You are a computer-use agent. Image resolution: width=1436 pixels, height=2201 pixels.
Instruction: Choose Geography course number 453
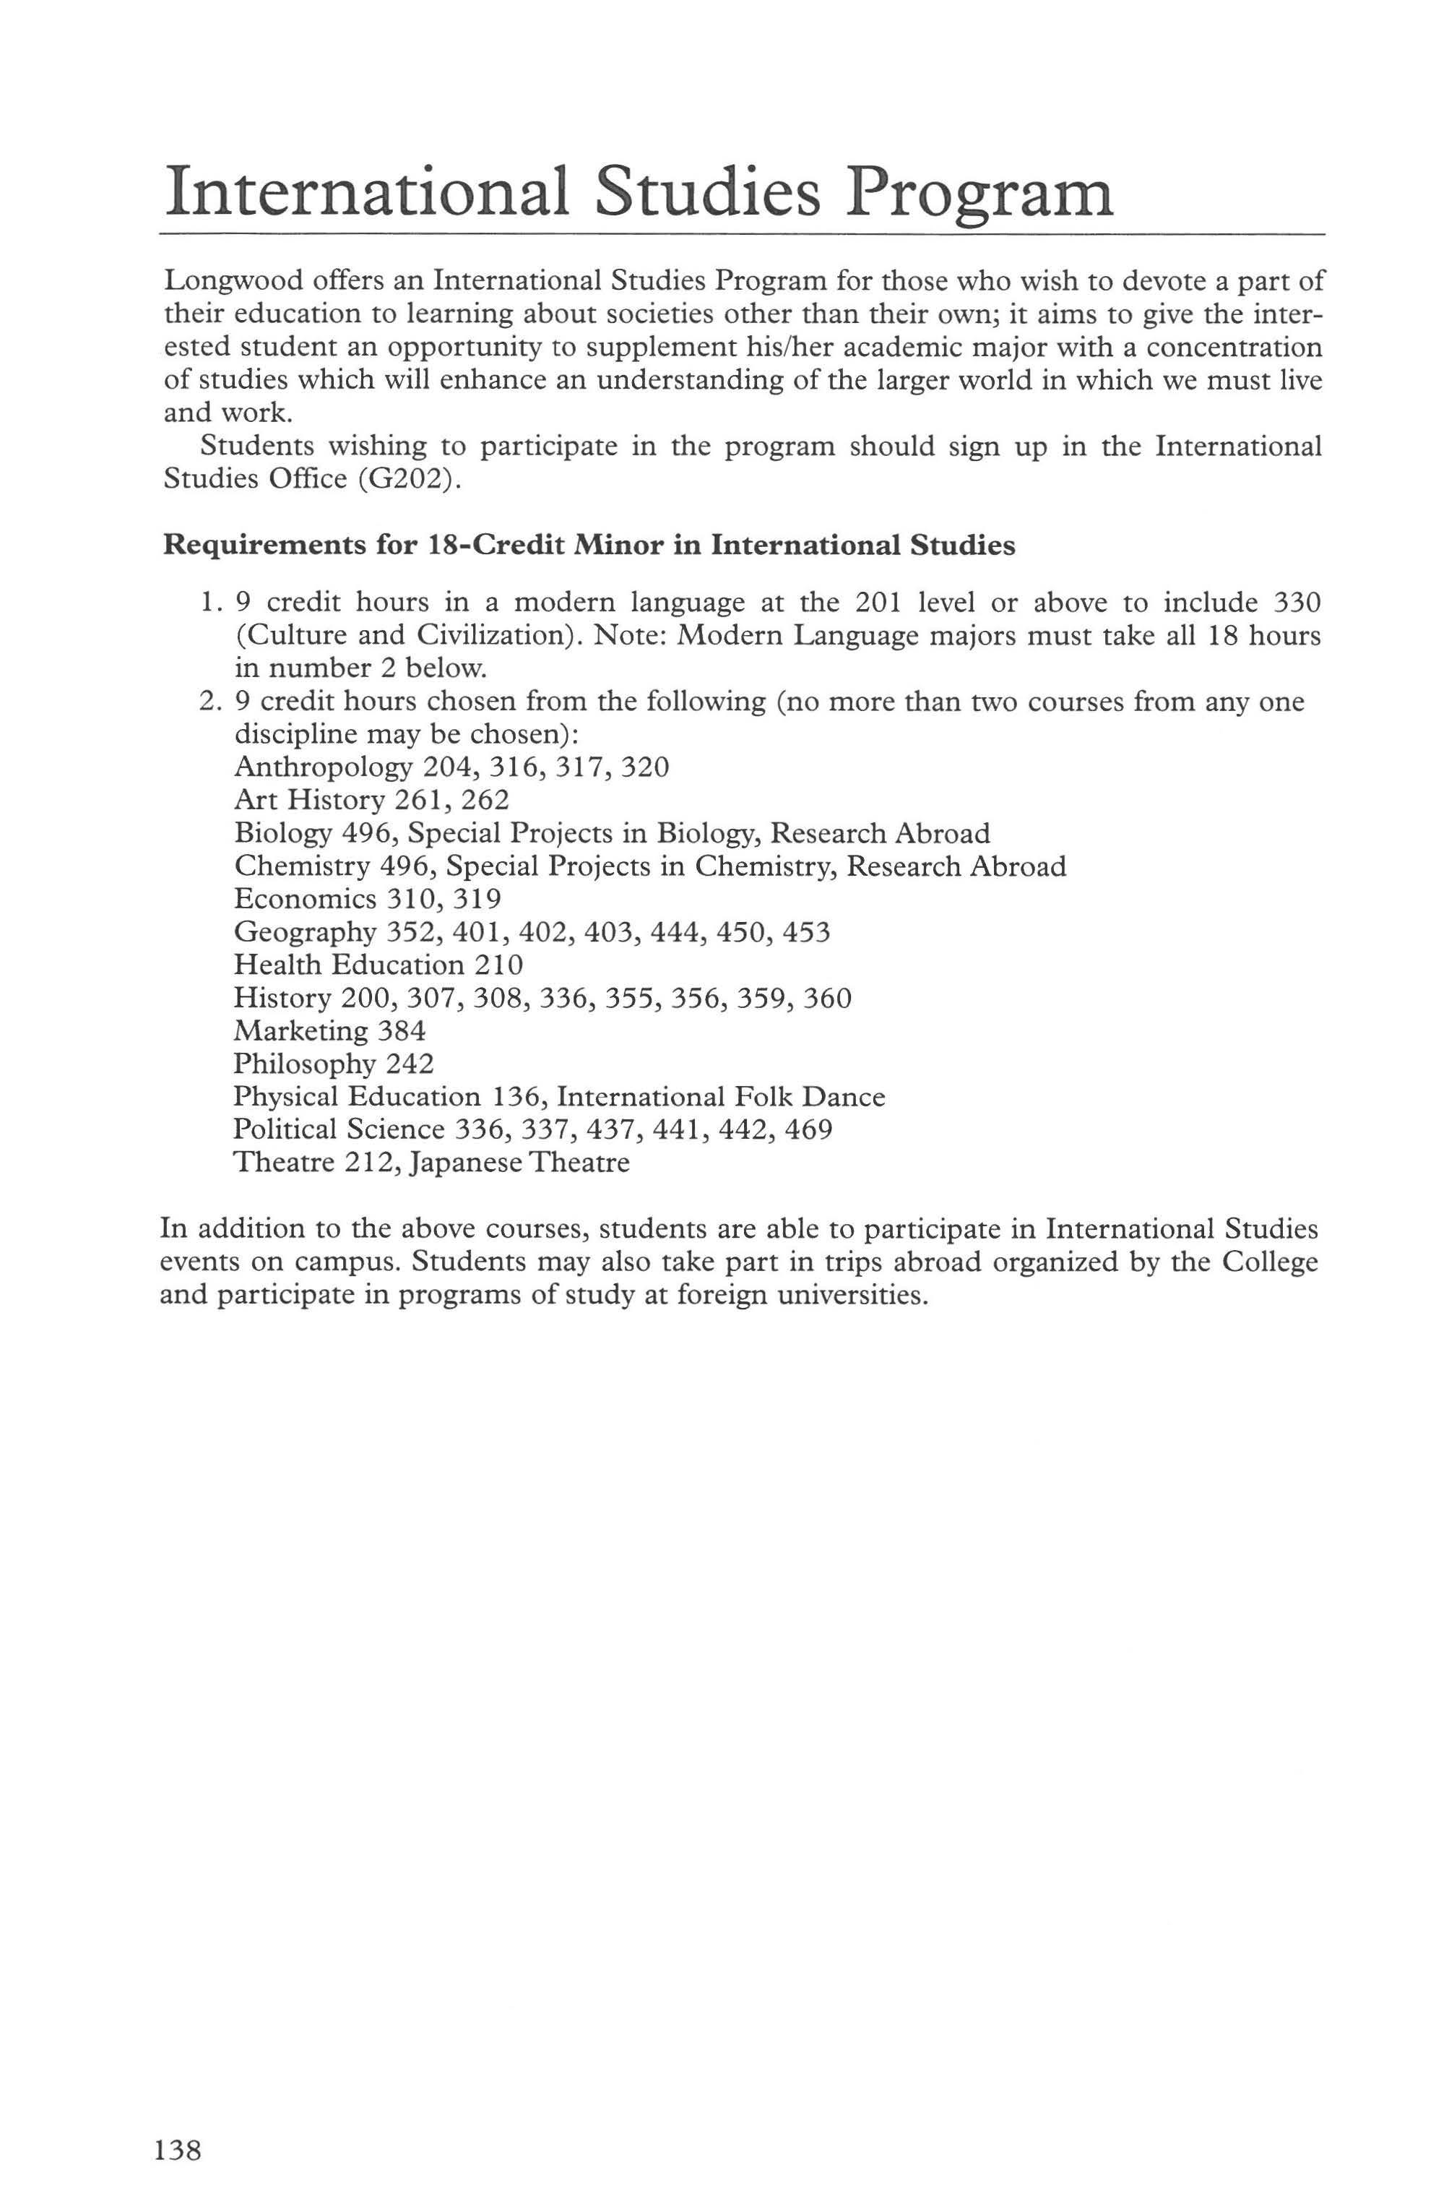tap(805, 932)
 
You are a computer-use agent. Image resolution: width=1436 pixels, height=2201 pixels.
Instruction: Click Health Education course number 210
tap(498, 965)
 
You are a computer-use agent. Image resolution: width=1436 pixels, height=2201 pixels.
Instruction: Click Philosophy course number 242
tap(410, 1064)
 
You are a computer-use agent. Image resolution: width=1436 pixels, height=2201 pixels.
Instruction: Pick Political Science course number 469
tap(808, 1129)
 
